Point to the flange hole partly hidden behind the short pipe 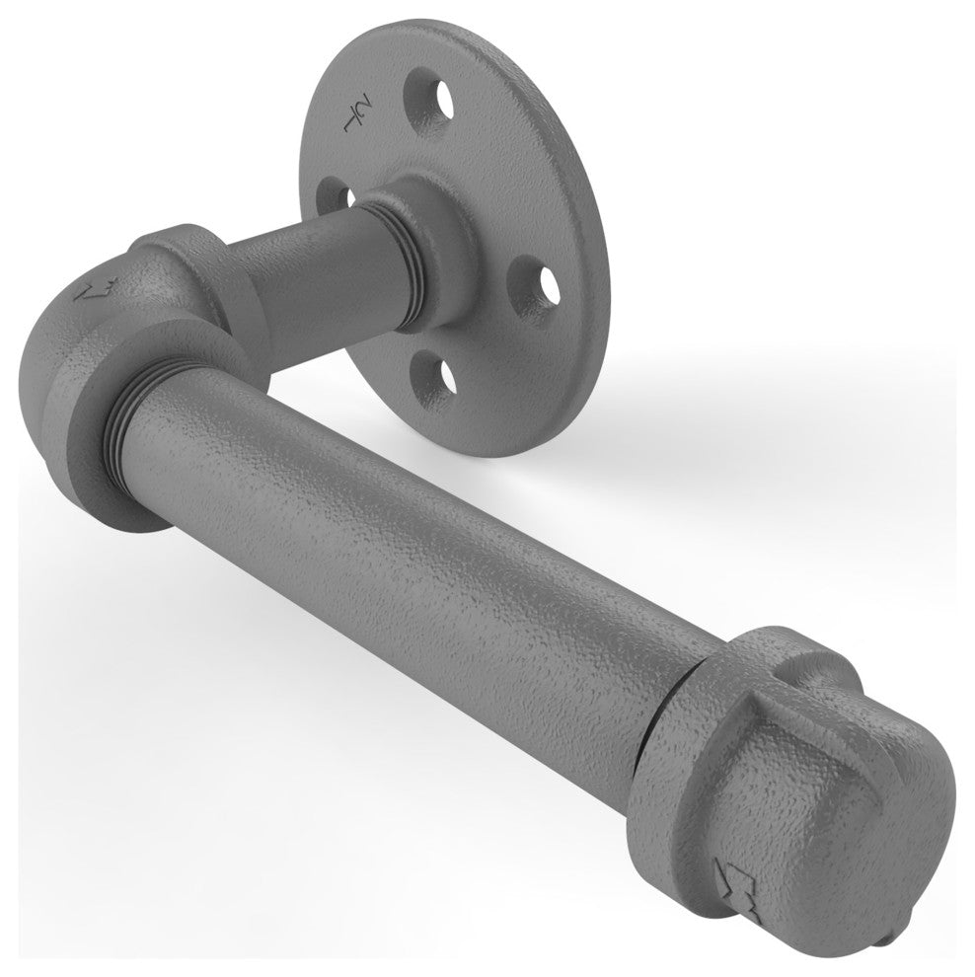pos(335,196)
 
